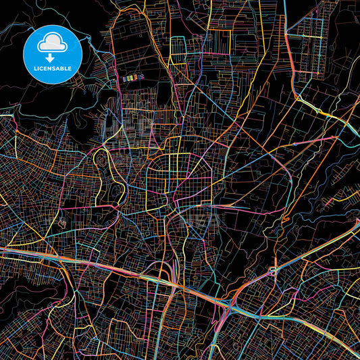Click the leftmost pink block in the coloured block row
(x=124, y=78)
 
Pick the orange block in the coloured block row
(x=132, y=78)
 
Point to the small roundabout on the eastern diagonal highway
(x=272, y=271)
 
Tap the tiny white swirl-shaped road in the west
(x=62, y=224)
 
